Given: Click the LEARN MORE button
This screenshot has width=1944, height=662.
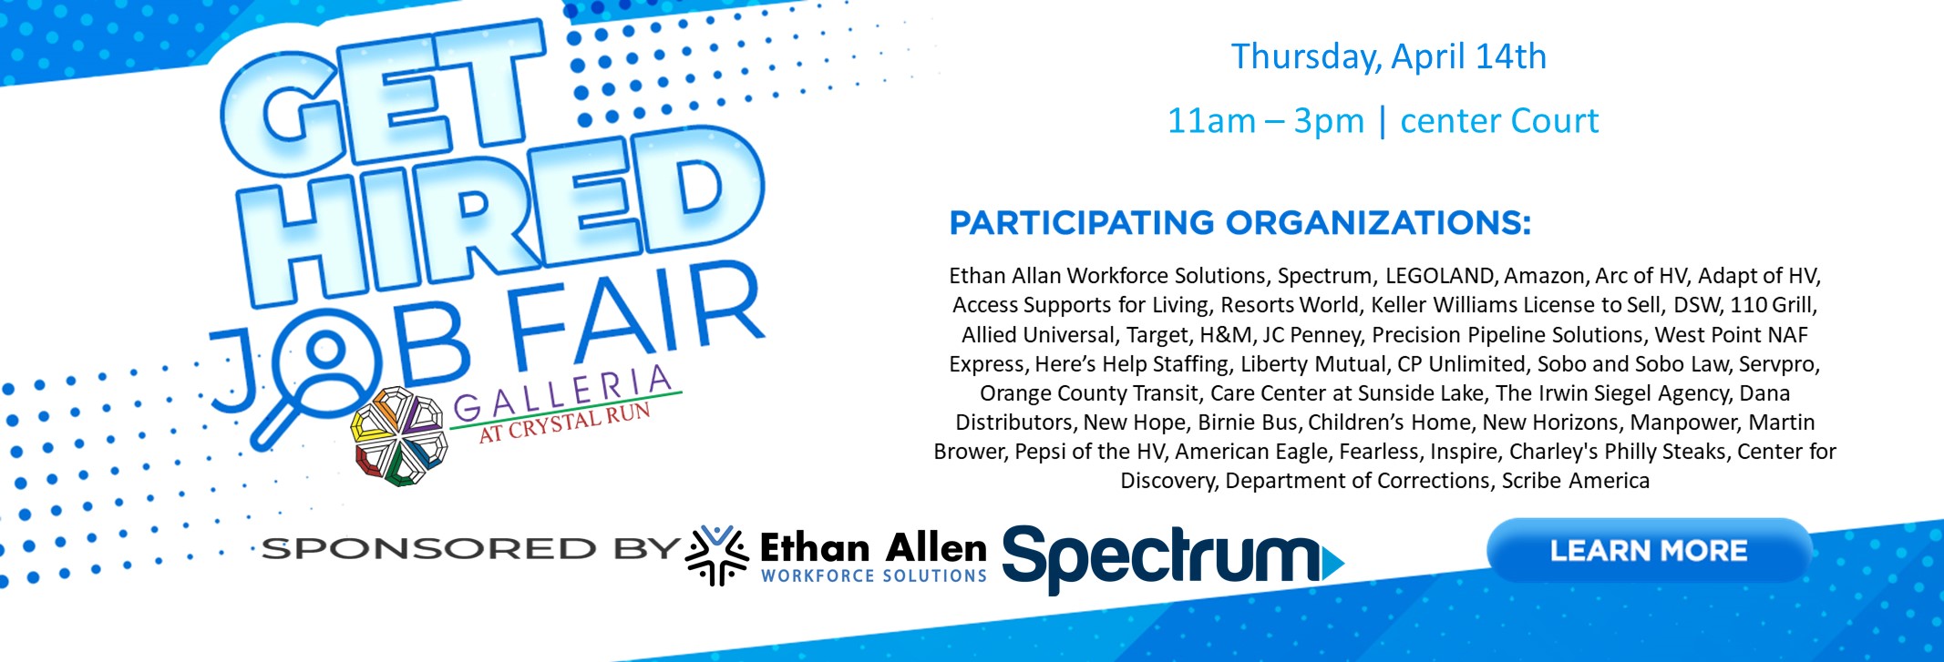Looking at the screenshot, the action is coord(1649,550).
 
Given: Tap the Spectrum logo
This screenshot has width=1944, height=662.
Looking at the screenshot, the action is coord(1173,558).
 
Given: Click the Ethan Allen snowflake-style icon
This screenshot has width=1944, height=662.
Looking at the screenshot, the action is coord(716,555).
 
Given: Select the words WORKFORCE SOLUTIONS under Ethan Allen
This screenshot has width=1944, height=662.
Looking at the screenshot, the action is coord(874,575).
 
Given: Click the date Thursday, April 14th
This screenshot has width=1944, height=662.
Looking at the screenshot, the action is coord(1389,56).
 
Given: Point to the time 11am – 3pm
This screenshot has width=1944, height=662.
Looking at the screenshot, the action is coord(1266,120).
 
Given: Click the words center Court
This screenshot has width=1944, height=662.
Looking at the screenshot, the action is coord(1499,120).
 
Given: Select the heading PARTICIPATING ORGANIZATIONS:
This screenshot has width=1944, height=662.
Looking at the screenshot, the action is coord(1240,222).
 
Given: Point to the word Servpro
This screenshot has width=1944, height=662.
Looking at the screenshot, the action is coord(1778,364).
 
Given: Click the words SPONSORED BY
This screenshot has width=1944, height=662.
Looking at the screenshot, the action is coord(470,549).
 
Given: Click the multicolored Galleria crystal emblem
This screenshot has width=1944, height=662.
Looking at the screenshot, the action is coord(399,435).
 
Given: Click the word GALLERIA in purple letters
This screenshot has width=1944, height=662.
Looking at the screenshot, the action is coord(562,392).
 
